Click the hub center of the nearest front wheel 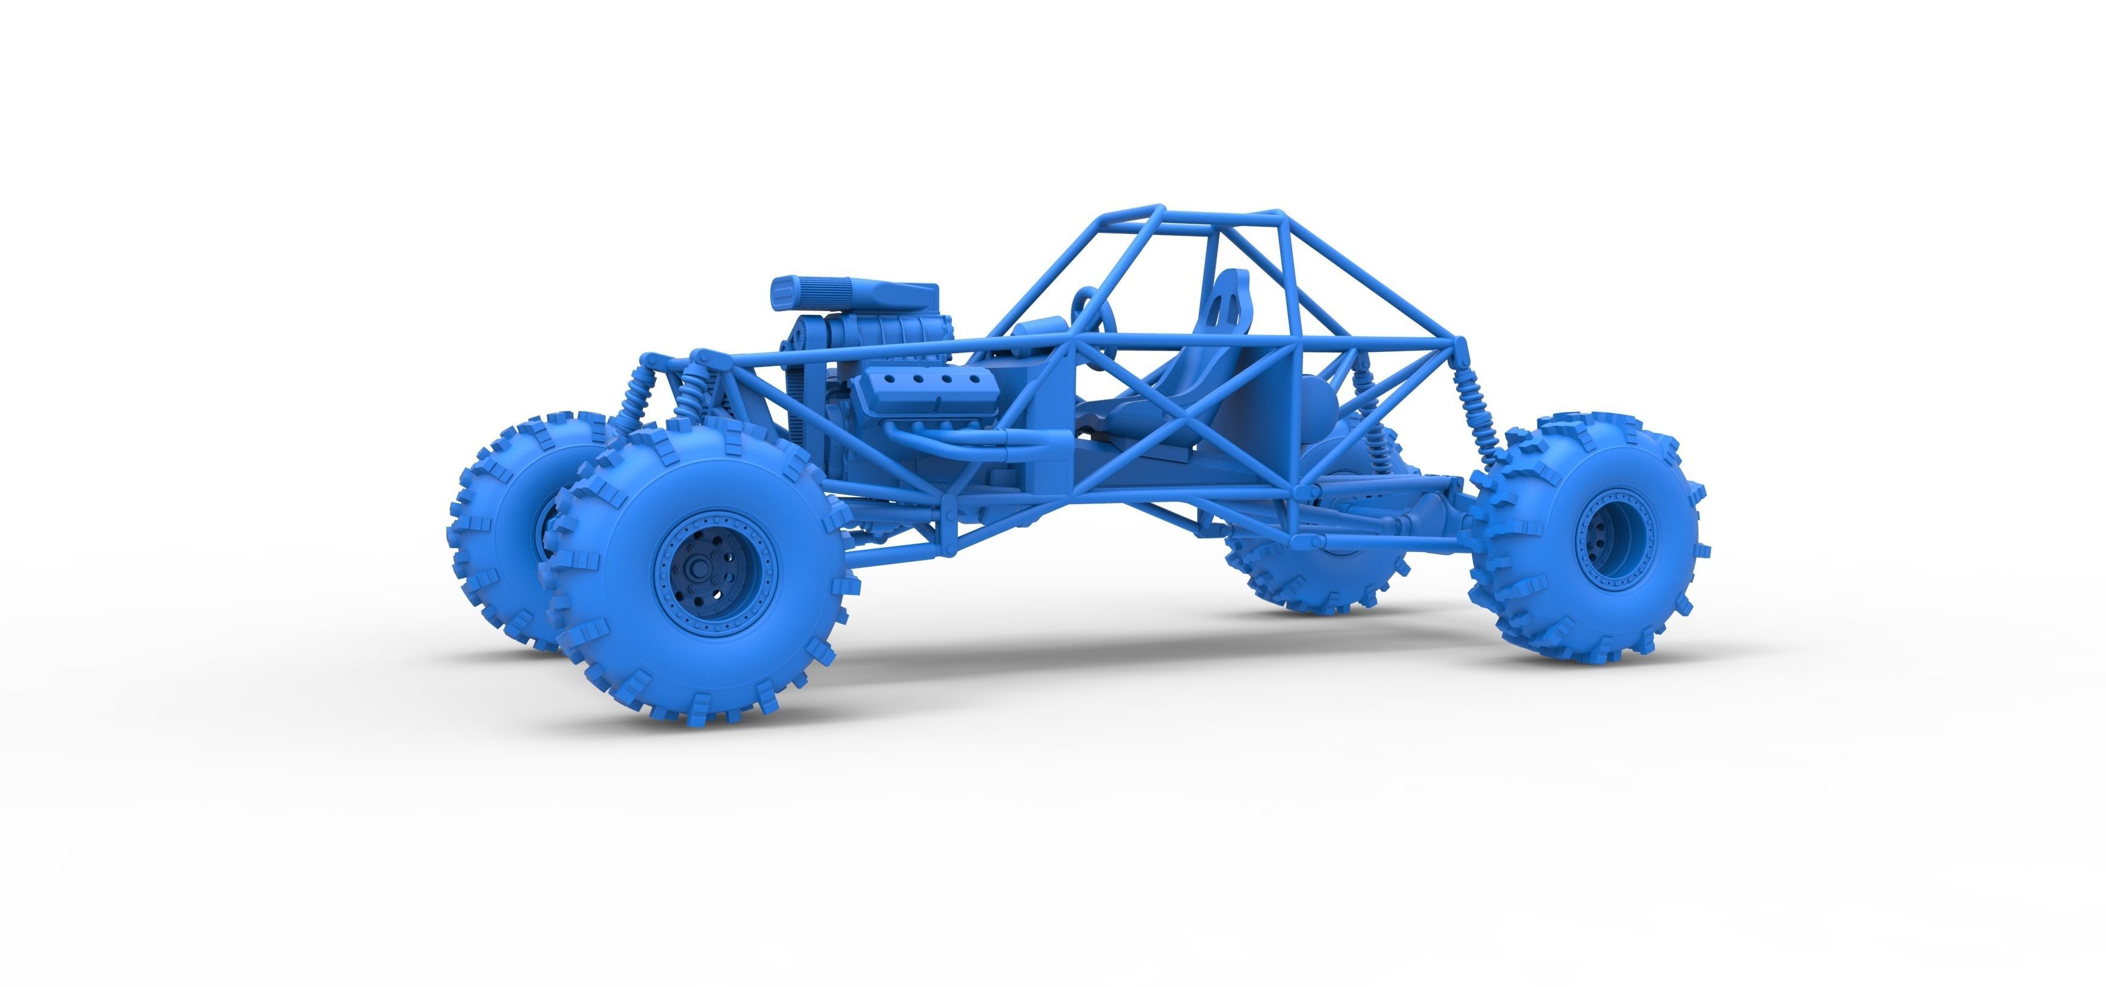point(701,568)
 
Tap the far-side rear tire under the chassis point(1308,573)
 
